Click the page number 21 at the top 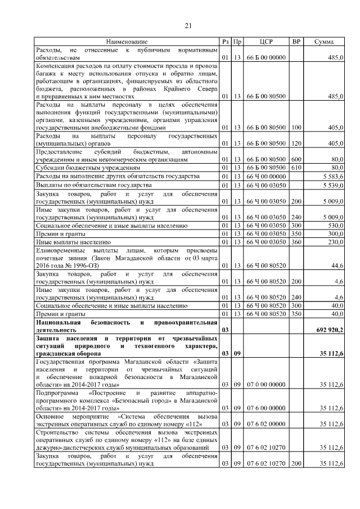tap(188, 25)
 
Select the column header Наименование tap(127, 42)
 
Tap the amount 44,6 tap(337, 265)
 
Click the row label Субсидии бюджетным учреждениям tap(80, 168)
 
